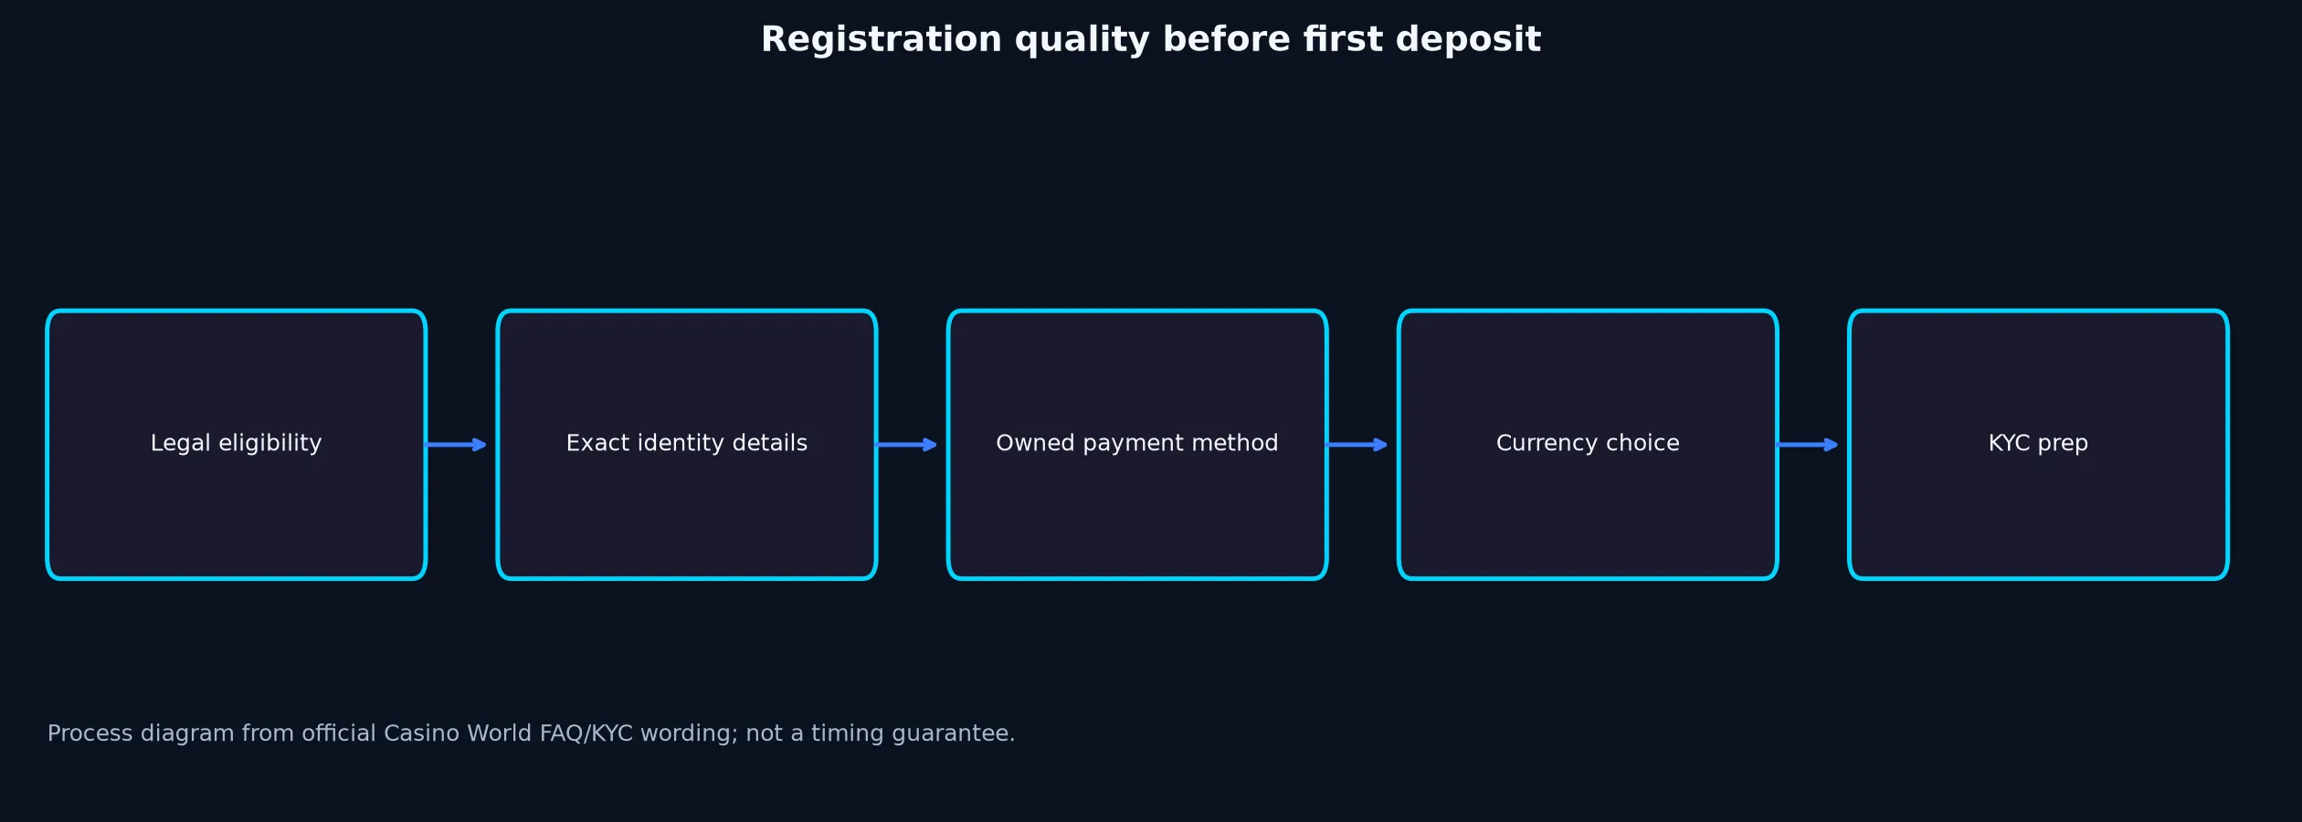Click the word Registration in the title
(x=882, y=40)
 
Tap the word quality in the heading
(x=1082, y=40)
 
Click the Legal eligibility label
(x=236, y=444)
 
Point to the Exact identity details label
(x=687, y=444)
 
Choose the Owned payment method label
(x=1137, y=444)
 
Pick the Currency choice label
(x=1588, y=444)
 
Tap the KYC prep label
(x=2038, y=444)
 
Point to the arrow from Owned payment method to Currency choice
(x=1357, y=445)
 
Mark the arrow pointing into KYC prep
(x=1808, y=445)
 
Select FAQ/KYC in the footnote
(x=586, y=733)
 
